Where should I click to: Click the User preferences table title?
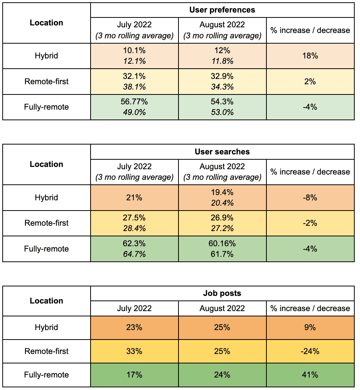(x=222, y=10)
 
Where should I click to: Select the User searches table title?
(x=222, y=152)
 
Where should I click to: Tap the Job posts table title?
(x=222, y=293)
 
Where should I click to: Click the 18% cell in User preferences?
(x=310, y=56)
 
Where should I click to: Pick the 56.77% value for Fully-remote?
(x=134, y=102)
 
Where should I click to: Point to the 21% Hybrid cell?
(x=134, y=198)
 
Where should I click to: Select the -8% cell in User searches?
(x=310, y=198)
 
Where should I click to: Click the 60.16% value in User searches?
(x=222, y=243)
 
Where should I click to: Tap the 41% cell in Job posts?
(x=310, y=375)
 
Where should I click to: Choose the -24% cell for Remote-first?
(x=310, y=351)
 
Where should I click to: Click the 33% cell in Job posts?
(x=134, y=351)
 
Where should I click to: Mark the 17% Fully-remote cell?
(x=134, y=375)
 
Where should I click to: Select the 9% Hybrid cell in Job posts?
(x=310, y=327)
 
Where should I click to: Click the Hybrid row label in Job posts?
(x=46, y=327)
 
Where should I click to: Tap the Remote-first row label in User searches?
(x=46, y=223)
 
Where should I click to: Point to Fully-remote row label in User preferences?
(x=46, y=107)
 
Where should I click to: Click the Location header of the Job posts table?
(x=46, y=301)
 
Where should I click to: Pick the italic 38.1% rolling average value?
(x=134, y=86)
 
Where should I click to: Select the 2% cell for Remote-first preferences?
(x=310, y=82)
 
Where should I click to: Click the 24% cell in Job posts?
(x=222, y=375)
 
